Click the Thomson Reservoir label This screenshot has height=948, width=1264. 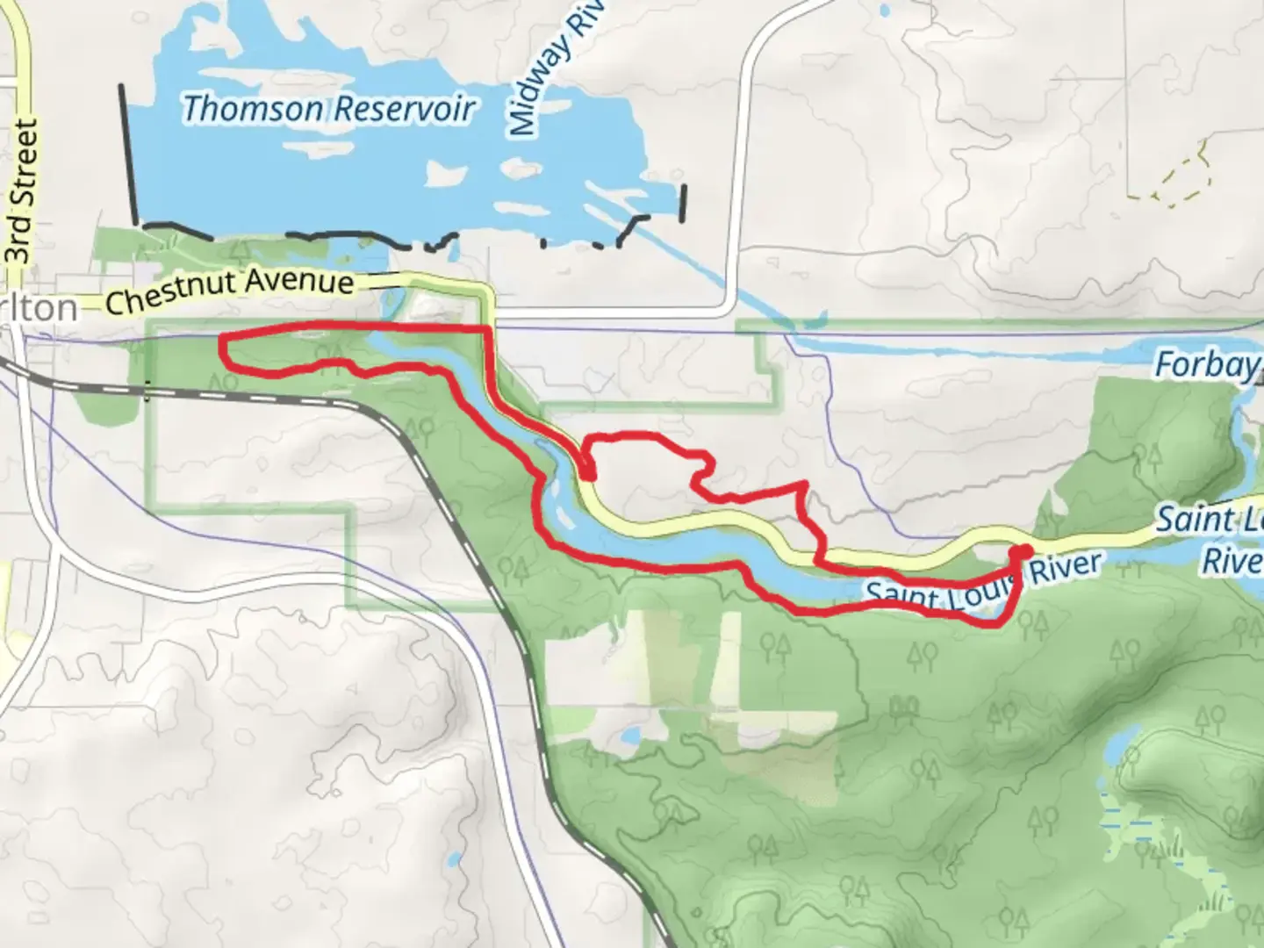(328, 109)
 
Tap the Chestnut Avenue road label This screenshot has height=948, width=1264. (230, 292)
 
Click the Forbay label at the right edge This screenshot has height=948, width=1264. (1205, 364)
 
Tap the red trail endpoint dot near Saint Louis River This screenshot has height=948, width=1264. (1021, 551)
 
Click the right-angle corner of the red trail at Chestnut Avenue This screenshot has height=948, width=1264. (488, 328)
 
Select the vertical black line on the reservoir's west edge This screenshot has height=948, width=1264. (127, 154)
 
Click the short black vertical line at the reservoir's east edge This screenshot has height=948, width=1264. (684, 201)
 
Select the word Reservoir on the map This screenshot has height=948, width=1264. (404, 109)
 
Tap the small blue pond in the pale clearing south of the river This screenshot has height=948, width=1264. (630, 734)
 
